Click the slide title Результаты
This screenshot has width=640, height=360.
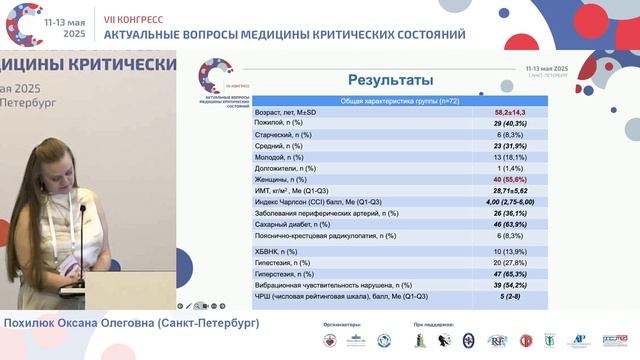click(389, 80)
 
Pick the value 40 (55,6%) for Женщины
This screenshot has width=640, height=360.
click(506, 177)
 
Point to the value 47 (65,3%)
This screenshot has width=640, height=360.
click(506, 272)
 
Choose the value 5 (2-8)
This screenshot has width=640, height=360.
click(506, 297)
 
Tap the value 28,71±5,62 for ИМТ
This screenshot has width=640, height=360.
click(506, 189)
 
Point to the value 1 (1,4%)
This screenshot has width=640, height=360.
click(506, 165)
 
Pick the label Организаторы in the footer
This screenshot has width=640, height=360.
click(341, 325)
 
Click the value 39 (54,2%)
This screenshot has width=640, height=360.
click(506, 284)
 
